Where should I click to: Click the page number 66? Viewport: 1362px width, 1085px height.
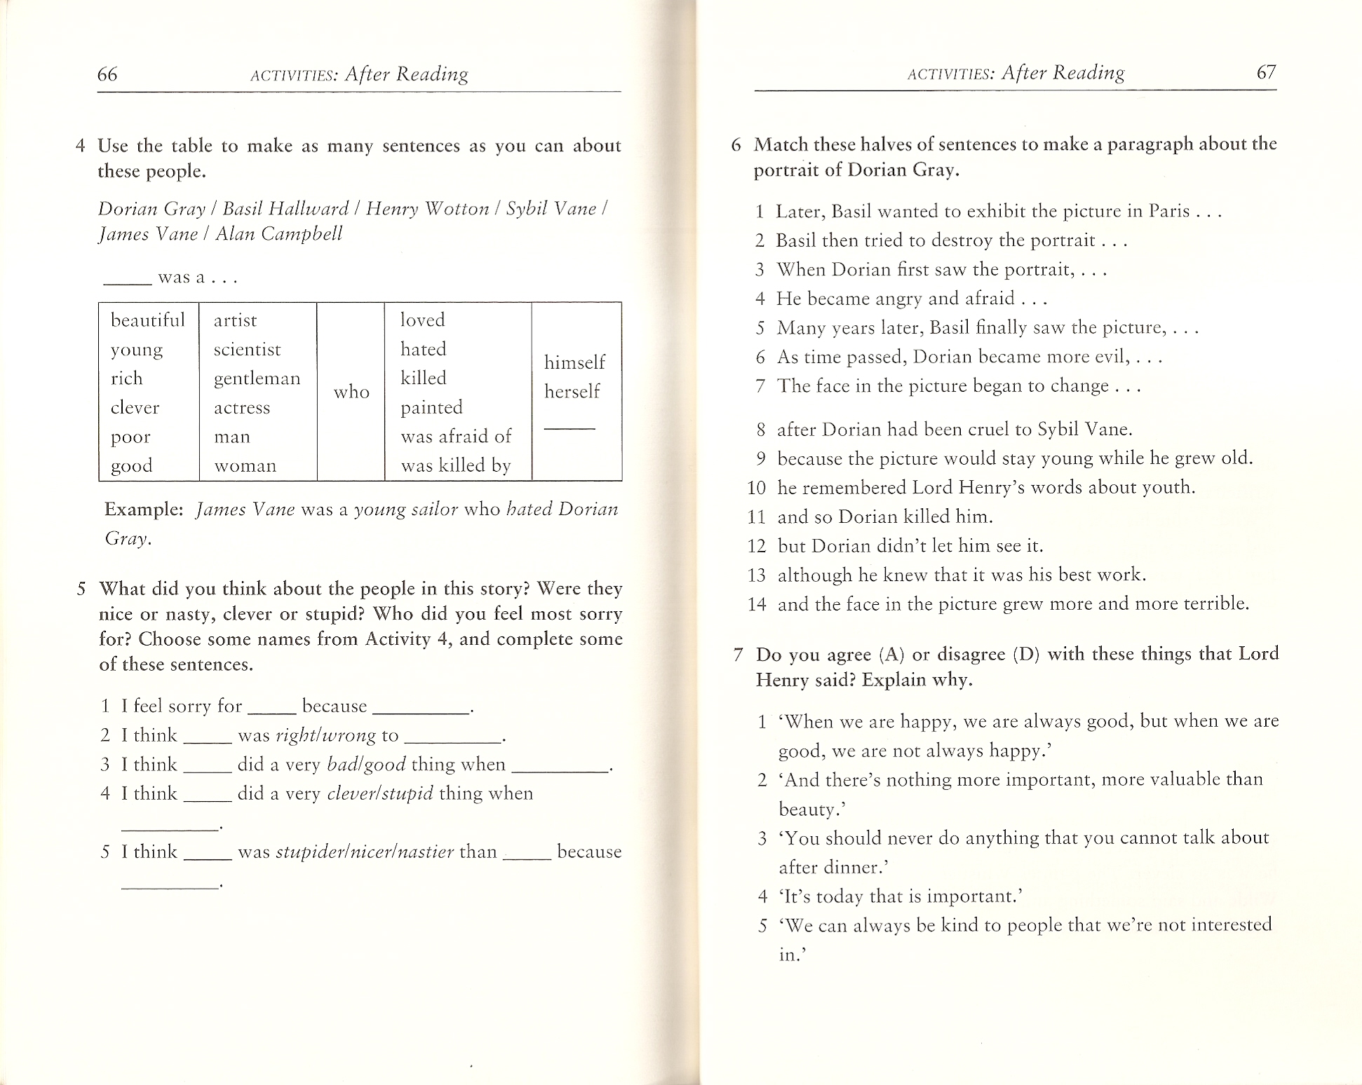[107, 74]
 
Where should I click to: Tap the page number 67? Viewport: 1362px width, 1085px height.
[1266, 72]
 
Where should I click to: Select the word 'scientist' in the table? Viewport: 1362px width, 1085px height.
[247, 350]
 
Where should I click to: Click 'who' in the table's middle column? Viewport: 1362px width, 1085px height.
[351, 392]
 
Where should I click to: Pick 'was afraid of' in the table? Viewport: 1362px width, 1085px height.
[456, 437]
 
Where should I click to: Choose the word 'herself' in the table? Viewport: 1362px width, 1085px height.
[572, 391]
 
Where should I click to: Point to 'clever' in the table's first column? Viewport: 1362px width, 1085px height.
[135, 408]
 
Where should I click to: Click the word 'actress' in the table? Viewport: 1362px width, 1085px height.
[242, 408]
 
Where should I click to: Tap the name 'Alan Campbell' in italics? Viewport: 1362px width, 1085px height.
[278, 234]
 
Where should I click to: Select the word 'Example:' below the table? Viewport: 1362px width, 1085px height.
[144, 510]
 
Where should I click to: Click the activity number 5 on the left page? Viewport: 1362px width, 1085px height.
[81, 589]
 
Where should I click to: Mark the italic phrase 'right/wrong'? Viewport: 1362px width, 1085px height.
[326, 735]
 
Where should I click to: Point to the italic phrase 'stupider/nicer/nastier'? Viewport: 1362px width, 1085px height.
[365, 852]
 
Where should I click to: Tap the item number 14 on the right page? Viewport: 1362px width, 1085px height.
[757, 604]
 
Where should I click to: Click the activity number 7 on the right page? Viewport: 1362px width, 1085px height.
[738, 655]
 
